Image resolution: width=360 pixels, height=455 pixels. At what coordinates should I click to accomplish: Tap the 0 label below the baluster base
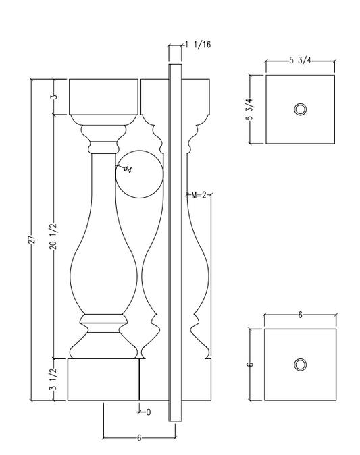point(147,410)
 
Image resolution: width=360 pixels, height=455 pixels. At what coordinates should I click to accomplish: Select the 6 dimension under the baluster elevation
point(138,438)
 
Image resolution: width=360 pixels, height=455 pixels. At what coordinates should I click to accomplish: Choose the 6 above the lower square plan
point(300,315)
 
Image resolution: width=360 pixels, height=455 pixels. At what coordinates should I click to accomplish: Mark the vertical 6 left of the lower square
point(250,365)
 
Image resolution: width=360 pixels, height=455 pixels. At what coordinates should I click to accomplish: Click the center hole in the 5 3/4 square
point(300,109)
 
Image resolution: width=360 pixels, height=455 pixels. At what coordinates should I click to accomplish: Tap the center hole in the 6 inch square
point(300,365)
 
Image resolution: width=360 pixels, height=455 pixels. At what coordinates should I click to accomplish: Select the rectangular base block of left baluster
point(103,380)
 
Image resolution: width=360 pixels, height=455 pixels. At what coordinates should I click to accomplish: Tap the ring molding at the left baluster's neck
point(103,145)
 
